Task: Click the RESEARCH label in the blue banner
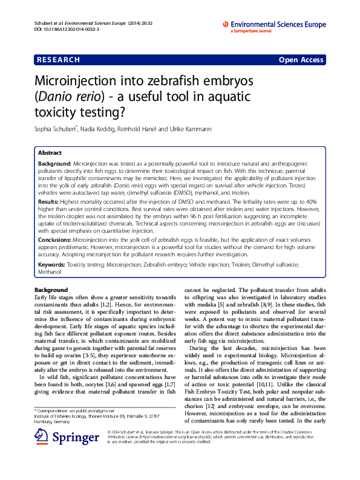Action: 58,60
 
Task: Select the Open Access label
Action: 301,60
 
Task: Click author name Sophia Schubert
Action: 56,129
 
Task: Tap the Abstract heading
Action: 50,153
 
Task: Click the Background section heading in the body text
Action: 51,290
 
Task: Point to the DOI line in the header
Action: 64,28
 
